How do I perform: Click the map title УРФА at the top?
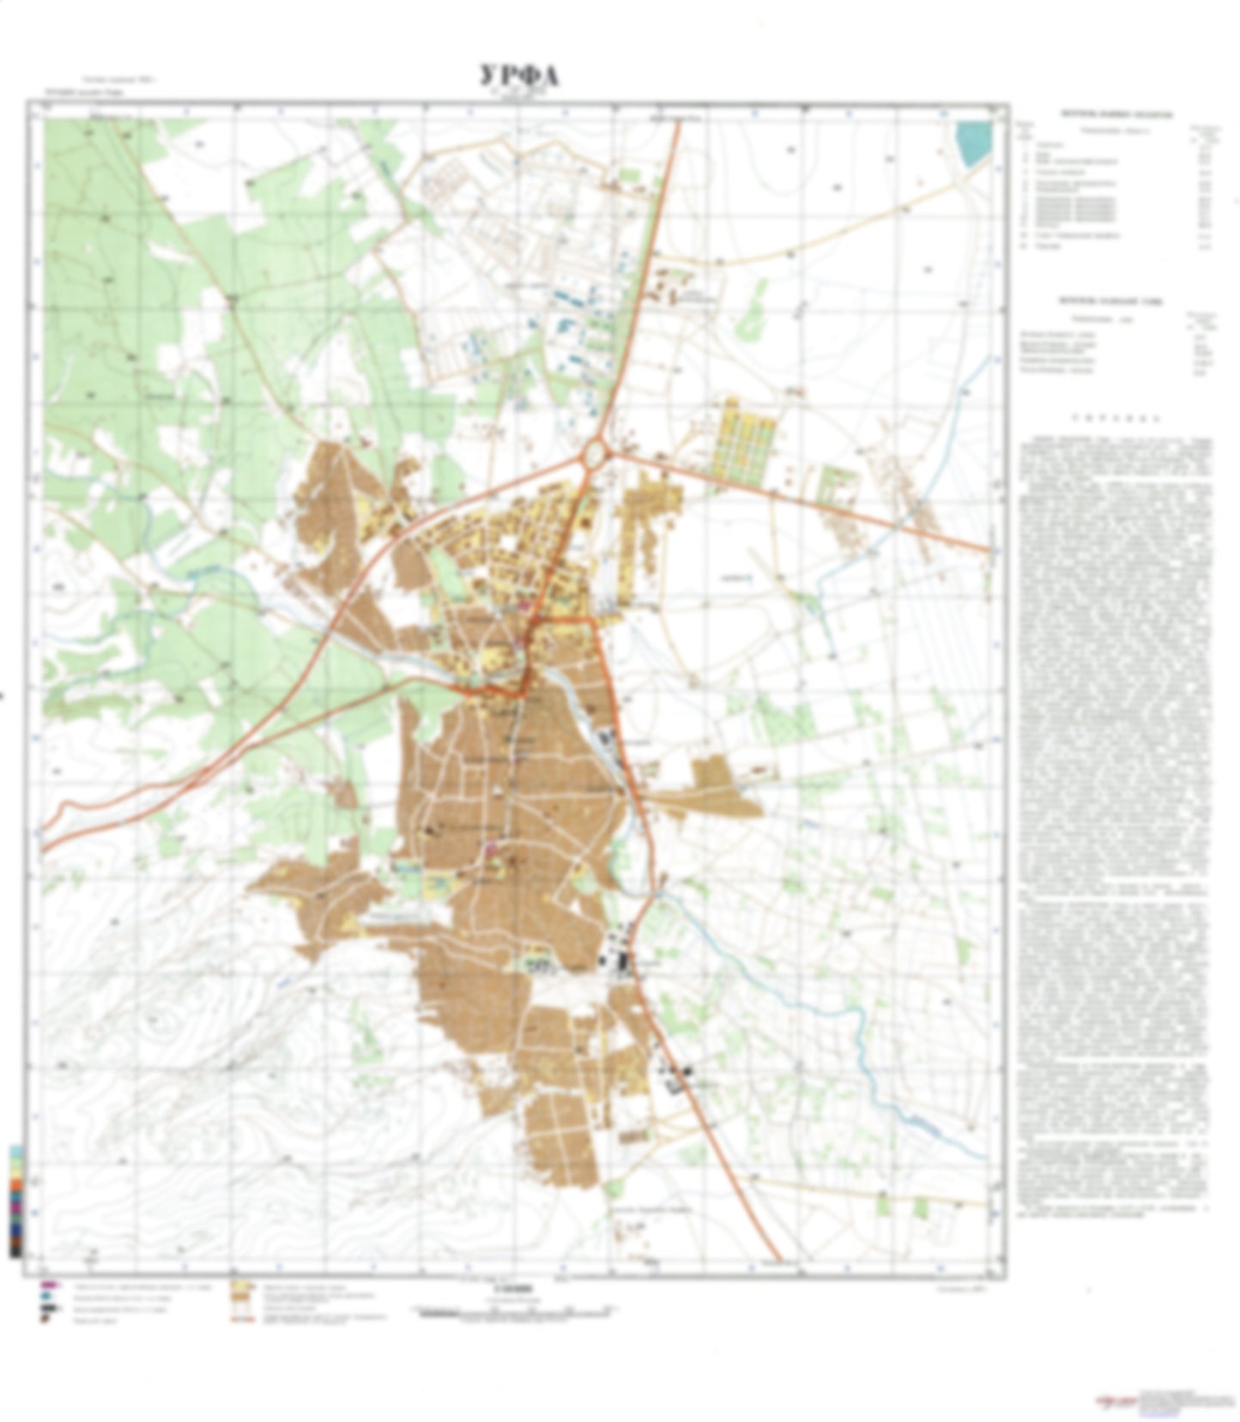pos(519,76)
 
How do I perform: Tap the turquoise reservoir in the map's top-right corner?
pos(973,142)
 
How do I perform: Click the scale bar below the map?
pos(515,1310)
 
